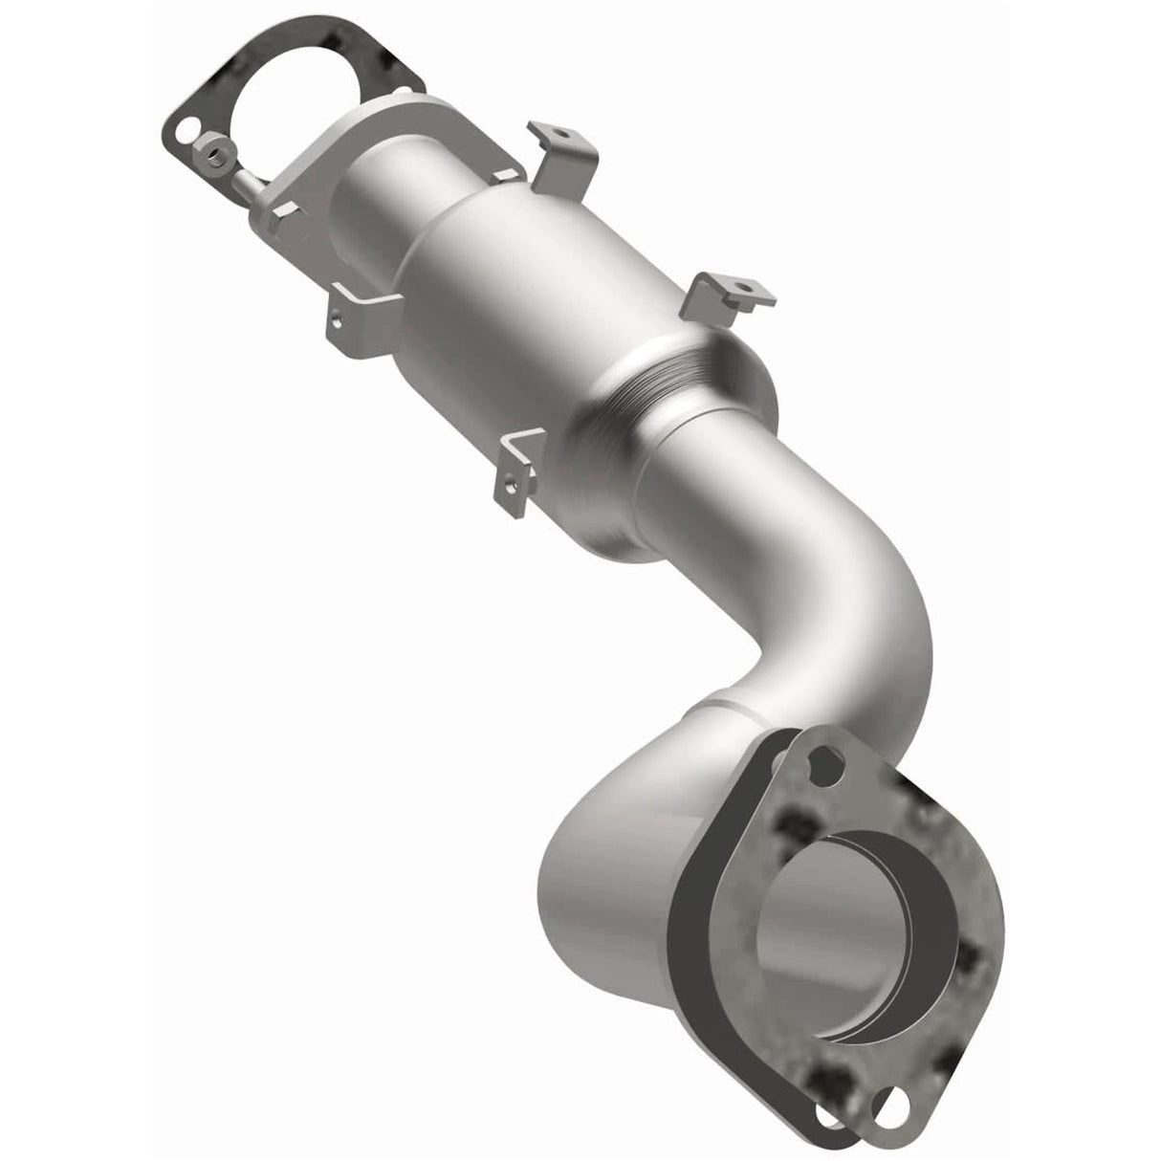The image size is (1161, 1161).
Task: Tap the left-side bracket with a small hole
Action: pyautogui.click(x=359, y=319)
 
